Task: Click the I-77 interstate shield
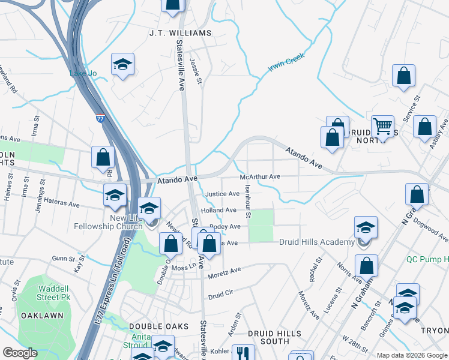point(101,119)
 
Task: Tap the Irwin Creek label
point(286,61)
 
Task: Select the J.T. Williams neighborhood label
point(180,32)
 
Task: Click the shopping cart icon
point(382,126)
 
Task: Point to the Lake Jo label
point(83,73)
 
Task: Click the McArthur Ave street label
point(260,177)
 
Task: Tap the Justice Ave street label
point(222,194)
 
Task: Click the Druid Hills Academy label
point(316,242)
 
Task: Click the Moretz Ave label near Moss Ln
point(224,272)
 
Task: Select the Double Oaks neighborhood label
point(151,326)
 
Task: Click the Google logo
point(19,353)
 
